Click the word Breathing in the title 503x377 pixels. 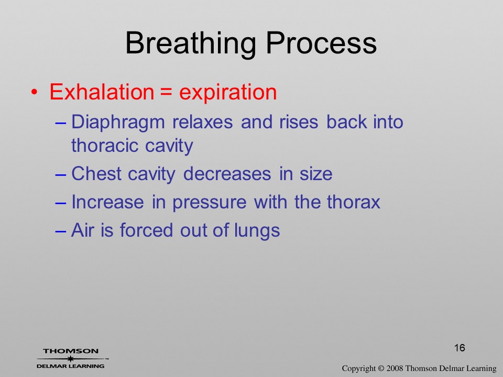tap(191, 43)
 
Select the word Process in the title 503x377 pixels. tap(321, 43)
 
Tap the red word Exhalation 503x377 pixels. tap(102, 92)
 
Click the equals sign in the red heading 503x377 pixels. tap(167, 93)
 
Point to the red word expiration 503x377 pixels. tap(228, 93)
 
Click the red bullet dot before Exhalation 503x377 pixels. tap(34, 93)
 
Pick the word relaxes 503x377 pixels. tap(202, 122)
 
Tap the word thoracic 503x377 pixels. tap(104, 146)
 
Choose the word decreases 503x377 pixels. tap(227, 174)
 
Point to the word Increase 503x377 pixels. tap(107, 202)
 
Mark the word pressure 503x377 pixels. tap(210, 203)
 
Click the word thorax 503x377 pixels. tap(353, 202)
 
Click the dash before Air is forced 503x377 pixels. tap(61, 231)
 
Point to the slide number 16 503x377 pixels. tap(460, 348)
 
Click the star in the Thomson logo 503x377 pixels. tap(71, 359)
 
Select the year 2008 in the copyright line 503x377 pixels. tap(395, 369)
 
